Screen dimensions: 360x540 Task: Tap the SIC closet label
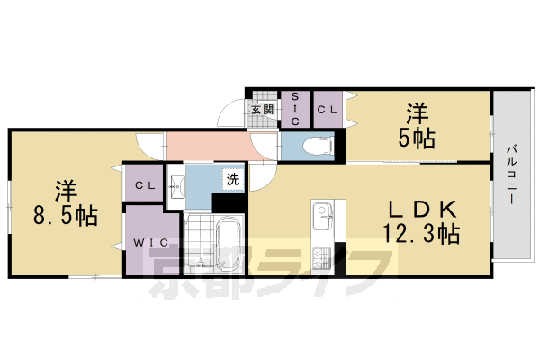pyautogui.click(x=294, y=108)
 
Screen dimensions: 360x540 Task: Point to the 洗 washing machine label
pyautogui.click(x=232, y=178)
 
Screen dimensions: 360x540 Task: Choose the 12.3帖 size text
pyautogui.click(x=422, y=235)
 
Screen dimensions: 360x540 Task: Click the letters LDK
pyautogui.click(x=423, y=210)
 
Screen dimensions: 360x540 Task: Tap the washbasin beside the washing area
pyautogui.click(x=177, y=184)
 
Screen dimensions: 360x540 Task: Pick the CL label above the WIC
pyautogui.click(x=143, y=185)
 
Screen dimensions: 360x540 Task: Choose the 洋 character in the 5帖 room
pyautogui.click(x=416, y=113)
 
